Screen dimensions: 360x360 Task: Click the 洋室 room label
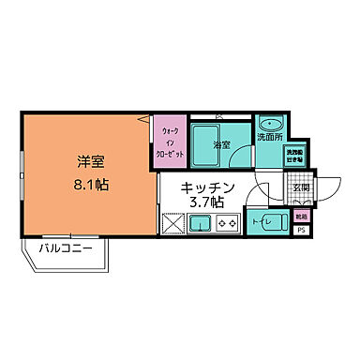pos(90,161)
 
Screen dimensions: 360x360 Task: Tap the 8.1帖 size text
pos(90,184)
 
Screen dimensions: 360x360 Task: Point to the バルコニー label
pos(65,248)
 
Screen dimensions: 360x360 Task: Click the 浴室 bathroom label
pos(221,145)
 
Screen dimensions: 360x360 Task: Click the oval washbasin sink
pos(273,123)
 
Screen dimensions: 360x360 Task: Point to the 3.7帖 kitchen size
pos(204,202)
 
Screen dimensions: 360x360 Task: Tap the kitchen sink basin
pos(199,223)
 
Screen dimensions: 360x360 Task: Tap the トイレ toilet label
pos(262,222)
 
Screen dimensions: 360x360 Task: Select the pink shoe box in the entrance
pos(300,216)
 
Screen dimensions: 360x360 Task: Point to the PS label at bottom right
pos(301,230)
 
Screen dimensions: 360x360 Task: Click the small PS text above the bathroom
pos(219,116)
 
